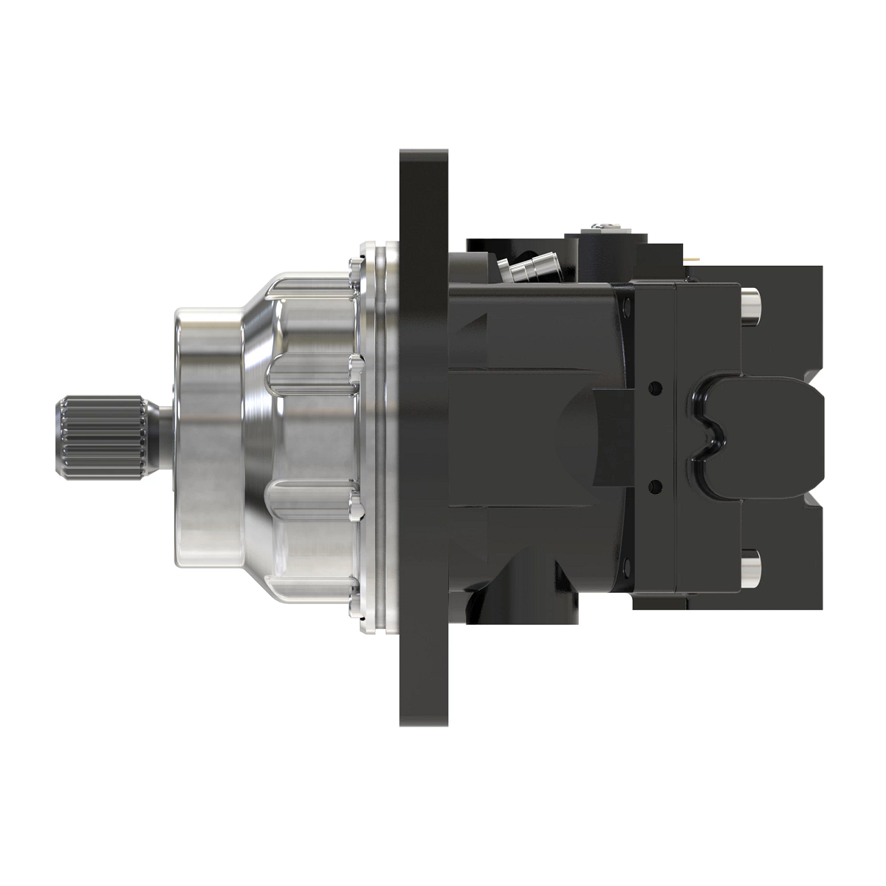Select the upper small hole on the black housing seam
(653, 386)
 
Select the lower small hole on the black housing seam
(653, 484)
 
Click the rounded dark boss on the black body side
(591, 436)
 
